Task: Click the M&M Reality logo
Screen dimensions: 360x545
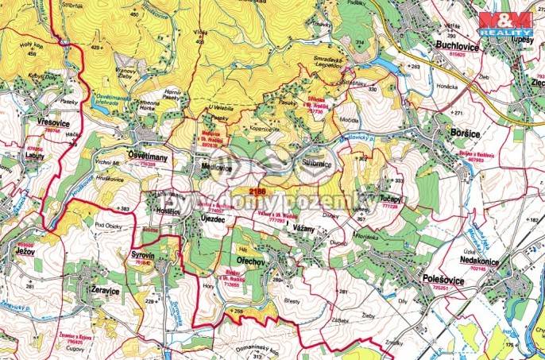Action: point(504,23)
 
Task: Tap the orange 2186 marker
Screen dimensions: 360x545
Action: point(257,191)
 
